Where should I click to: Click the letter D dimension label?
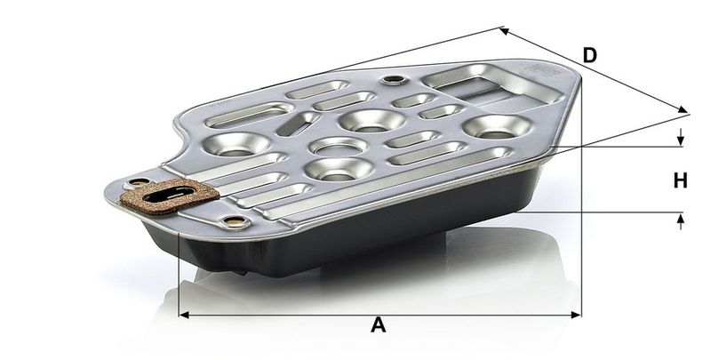coord(588,55)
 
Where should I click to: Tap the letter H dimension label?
coord(680,180)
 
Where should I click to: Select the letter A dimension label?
coord(379,325)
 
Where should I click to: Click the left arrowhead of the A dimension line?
coord(183,314)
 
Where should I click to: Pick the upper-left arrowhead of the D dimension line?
coord(502,31)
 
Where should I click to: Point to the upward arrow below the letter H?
coord(682,218)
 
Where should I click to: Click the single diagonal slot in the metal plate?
coord(293,124)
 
